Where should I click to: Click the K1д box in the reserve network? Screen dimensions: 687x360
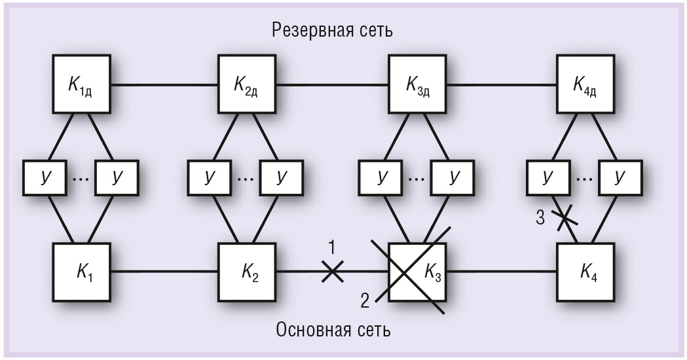tap(81, 84)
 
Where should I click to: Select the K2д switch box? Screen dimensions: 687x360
tap(247, 84)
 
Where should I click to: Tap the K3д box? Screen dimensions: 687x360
tap(418, 84)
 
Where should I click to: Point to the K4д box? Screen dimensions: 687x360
tap(585, 84)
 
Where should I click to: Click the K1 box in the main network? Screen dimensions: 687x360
tap(81, 272)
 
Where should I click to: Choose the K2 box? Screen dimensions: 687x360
tap(247, 272)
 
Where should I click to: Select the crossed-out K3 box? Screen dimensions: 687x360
tap(418, 272)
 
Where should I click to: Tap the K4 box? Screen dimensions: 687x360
tap(585, 272)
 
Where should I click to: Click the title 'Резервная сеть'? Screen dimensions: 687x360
tap(332, 30)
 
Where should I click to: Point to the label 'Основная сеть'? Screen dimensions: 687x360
tap(333, 330)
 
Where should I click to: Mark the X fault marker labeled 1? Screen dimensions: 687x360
tap(333, 272)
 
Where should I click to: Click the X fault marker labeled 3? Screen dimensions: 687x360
tap(565, 218)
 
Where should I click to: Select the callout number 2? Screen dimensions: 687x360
tap(365, 302)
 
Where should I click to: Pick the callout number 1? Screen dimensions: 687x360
tap(331, 248)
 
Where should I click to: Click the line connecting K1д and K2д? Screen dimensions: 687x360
tap(164, 84)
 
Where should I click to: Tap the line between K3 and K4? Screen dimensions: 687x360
tap(502, 272)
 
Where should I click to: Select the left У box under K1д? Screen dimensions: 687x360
tap(45, 177)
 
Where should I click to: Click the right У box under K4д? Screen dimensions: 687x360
tap(621, 177)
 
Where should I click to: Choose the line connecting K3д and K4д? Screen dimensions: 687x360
tap(502, 84)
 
